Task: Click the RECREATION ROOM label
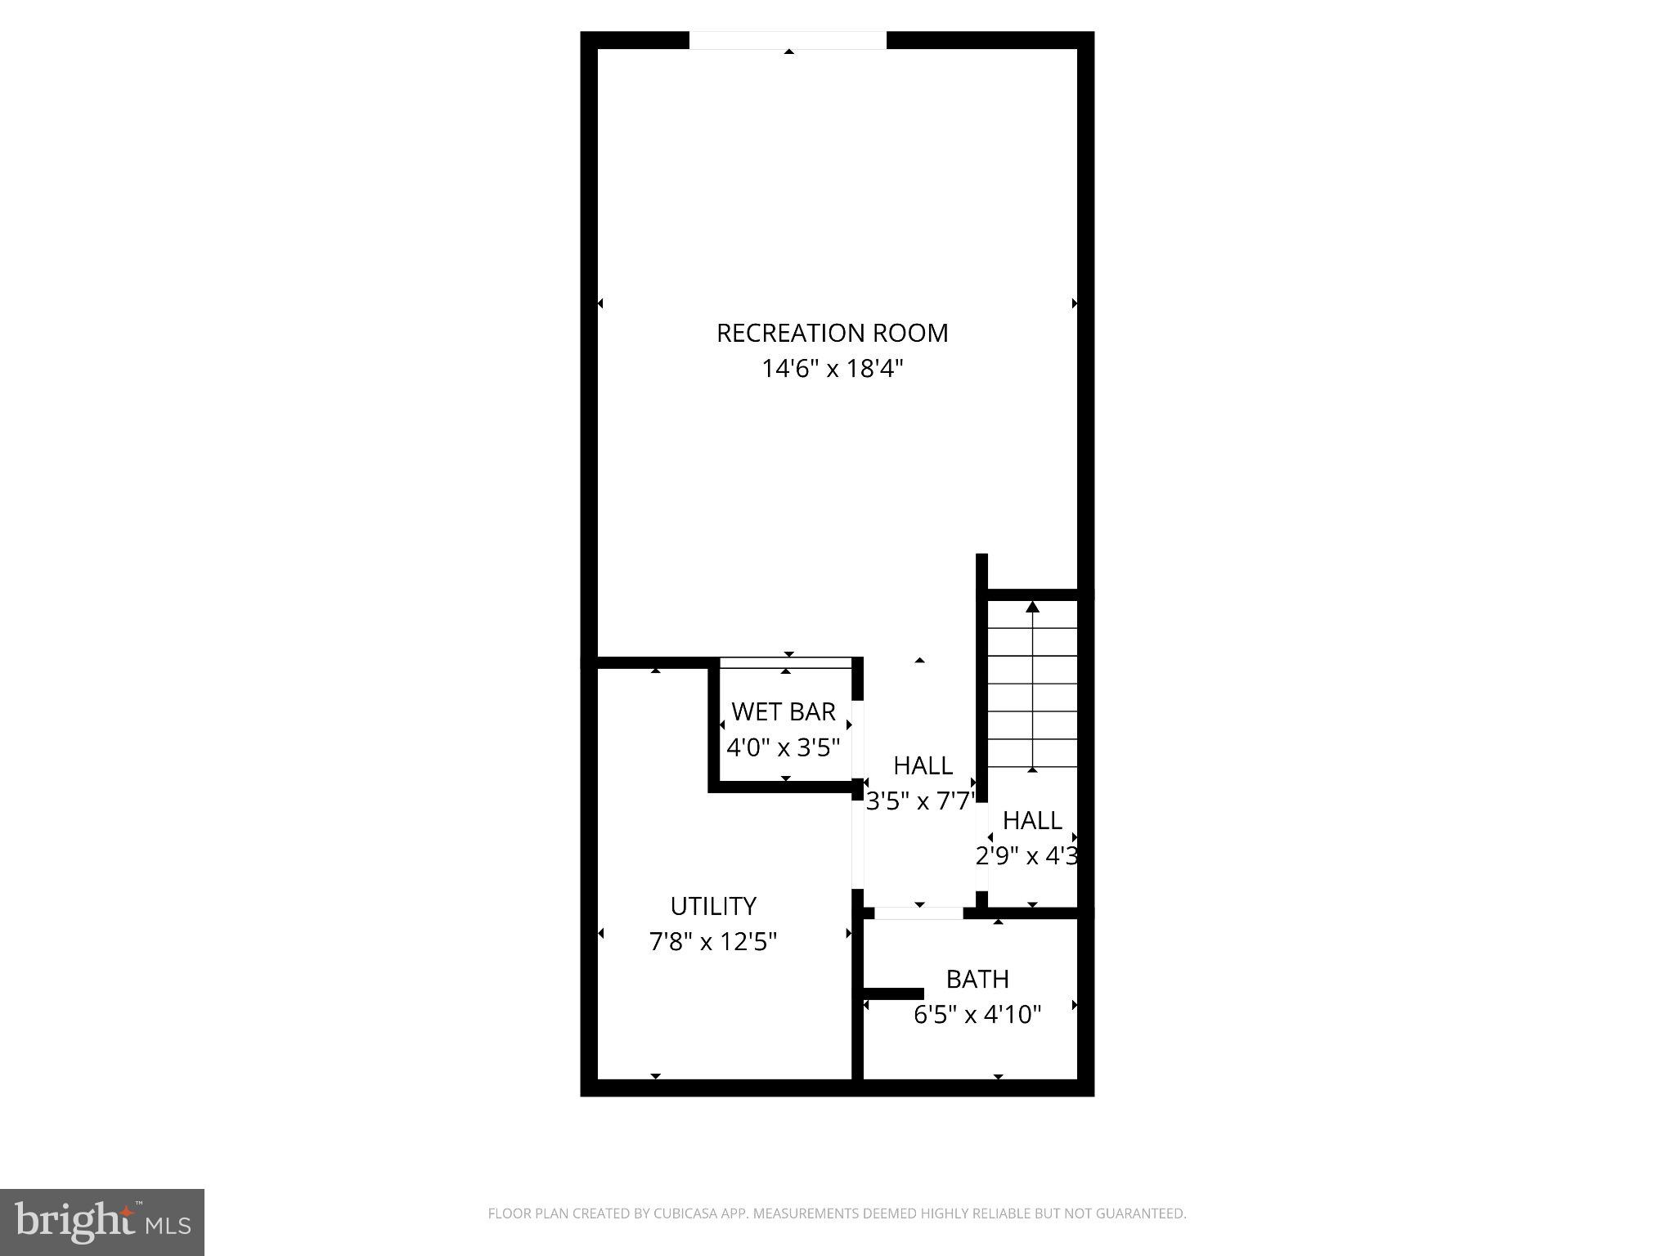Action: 832,333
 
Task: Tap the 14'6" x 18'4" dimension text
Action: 832,369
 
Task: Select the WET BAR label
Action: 783,711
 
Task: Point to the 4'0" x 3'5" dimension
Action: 783,747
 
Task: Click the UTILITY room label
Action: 713,906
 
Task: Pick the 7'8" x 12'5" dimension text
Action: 713,942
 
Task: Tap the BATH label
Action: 977,979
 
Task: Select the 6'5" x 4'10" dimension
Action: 977,1015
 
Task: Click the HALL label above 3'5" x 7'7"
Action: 923,765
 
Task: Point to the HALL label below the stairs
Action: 1032,820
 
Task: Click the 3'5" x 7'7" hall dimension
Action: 921,801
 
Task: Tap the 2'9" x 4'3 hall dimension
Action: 1027,856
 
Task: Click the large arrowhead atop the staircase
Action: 1033,607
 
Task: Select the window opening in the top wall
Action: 788,40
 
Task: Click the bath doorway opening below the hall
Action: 918,913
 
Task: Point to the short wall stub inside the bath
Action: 894,994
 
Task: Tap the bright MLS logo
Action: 102,1222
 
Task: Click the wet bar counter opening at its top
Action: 786,662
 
